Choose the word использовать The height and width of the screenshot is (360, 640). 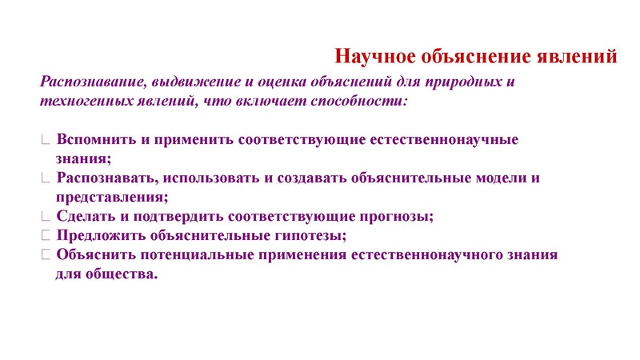(203, 178)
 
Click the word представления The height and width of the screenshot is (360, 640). (111, 197)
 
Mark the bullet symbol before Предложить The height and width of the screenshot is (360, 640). (46, 235)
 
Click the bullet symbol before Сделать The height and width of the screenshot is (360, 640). (46, 216)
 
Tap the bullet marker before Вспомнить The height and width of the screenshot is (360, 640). (46, 139)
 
